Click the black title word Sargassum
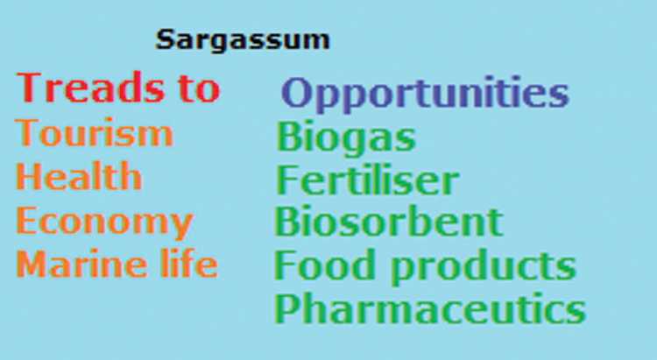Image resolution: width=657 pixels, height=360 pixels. [243, 40]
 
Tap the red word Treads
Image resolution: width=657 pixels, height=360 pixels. [90, 88]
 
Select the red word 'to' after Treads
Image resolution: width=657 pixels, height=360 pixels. [199, 88]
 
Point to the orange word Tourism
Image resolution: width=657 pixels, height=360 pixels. [95, 133]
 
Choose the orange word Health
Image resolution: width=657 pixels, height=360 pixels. [79, 176]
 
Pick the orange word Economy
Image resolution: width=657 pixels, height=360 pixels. [105, 222]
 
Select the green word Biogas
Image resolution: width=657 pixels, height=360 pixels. [346, 138]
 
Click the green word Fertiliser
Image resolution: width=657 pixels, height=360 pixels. [367, 180]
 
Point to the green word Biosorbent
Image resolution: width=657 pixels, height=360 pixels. [388, 222]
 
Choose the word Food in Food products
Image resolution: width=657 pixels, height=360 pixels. [324, 265]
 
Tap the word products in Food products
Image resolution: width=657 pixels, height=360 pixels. [484, 266]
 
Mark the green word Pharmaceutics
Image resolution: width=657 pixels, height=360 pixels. [430, 308]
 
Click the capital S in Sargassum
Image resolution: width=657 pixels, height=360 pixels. [165, 39]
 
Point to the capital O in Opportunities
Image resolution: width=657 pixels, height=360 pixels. [295, 93]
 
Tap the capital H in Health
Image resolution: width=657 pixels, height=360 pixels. [29, 176]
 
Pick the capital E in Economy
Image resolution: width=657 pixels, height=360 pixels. [26, 220]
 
